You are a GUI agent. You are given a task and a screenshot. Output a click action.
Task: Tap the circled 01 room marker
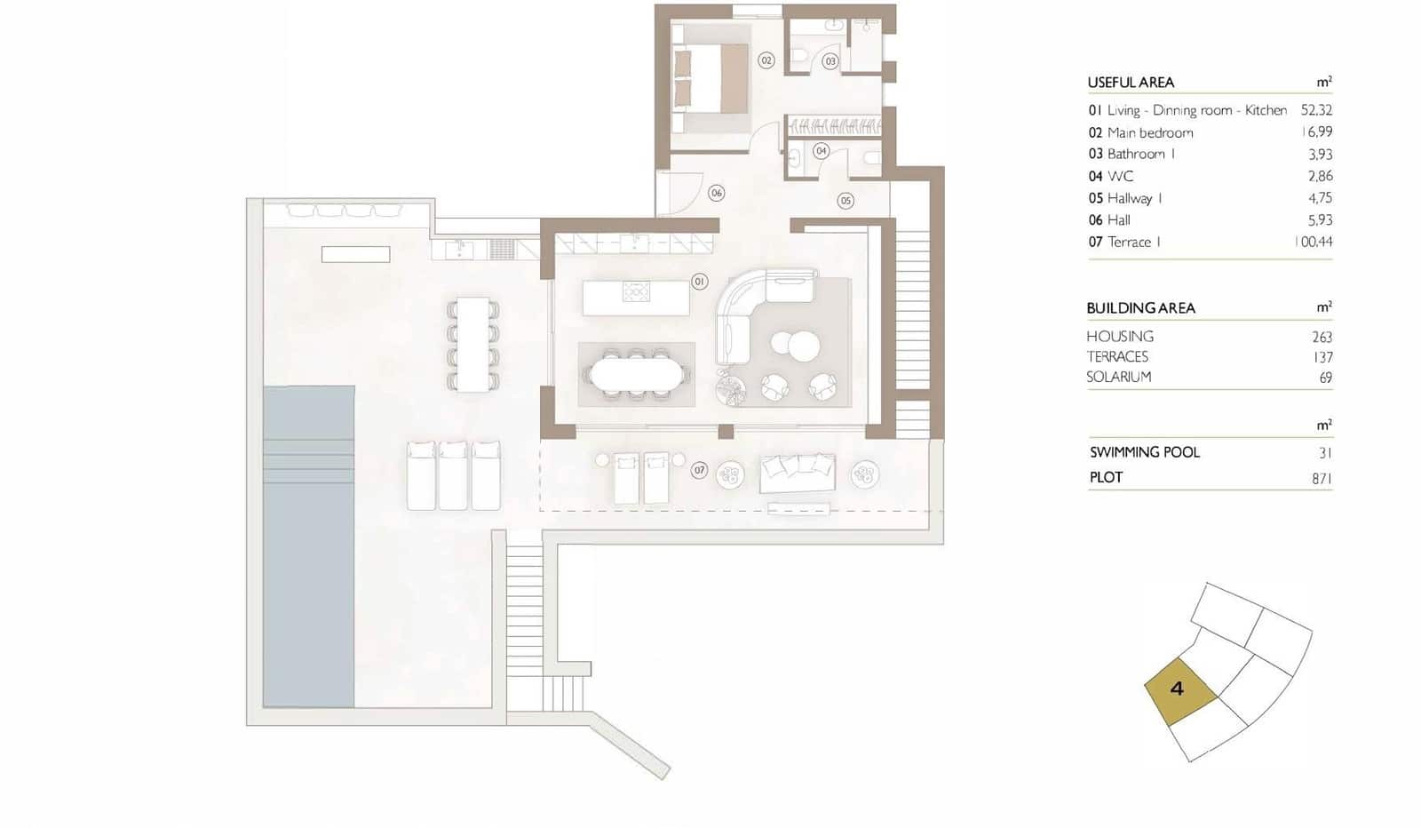coord(699,282)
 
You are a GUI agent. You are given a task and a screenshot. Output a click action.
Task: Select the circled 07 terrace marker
coord(699,470)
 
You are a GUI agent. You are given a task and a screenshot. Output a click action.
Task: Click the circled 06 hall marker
coord(716,193)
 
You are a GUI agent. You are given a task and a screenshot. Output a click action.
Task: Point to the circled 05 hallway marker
coord(845,201)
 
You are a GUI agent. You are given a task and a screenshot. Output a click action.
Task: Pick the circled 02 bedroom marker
coord(766,60)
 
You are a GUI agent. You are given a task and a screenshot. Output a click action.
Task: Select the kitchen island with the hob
coord(636,298)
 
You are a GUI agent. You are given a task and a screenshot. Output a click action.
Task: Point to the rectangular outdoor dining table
coord(473,345)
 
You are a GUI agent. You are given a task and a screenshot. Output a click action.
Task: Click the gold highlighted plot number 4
coord(1178,689)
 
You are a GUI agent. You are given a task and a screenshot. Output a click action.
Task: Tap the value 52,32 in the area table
coord(1315,110)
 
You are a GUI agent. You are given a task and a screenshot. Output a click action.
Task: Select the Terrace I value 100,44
coord(1314,242)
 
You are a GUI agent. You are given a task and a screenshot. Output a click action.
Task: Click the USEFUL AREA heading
coord(1131,83)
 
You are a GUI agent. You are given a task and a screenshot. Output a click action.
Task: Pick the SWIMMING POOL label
coord(1144,452)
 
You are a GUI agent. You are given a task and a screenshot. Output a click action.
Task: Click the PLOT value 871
coord(1321,478)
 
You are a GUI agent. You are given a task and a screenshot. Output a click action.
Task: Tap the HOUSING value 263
coord(1322,337)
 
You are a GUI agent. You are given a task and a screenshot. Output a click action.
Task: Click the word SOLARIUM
coord(1118,377)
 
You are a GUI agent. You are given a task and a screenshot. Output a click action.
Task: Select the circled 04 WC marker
coord(821,151)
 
